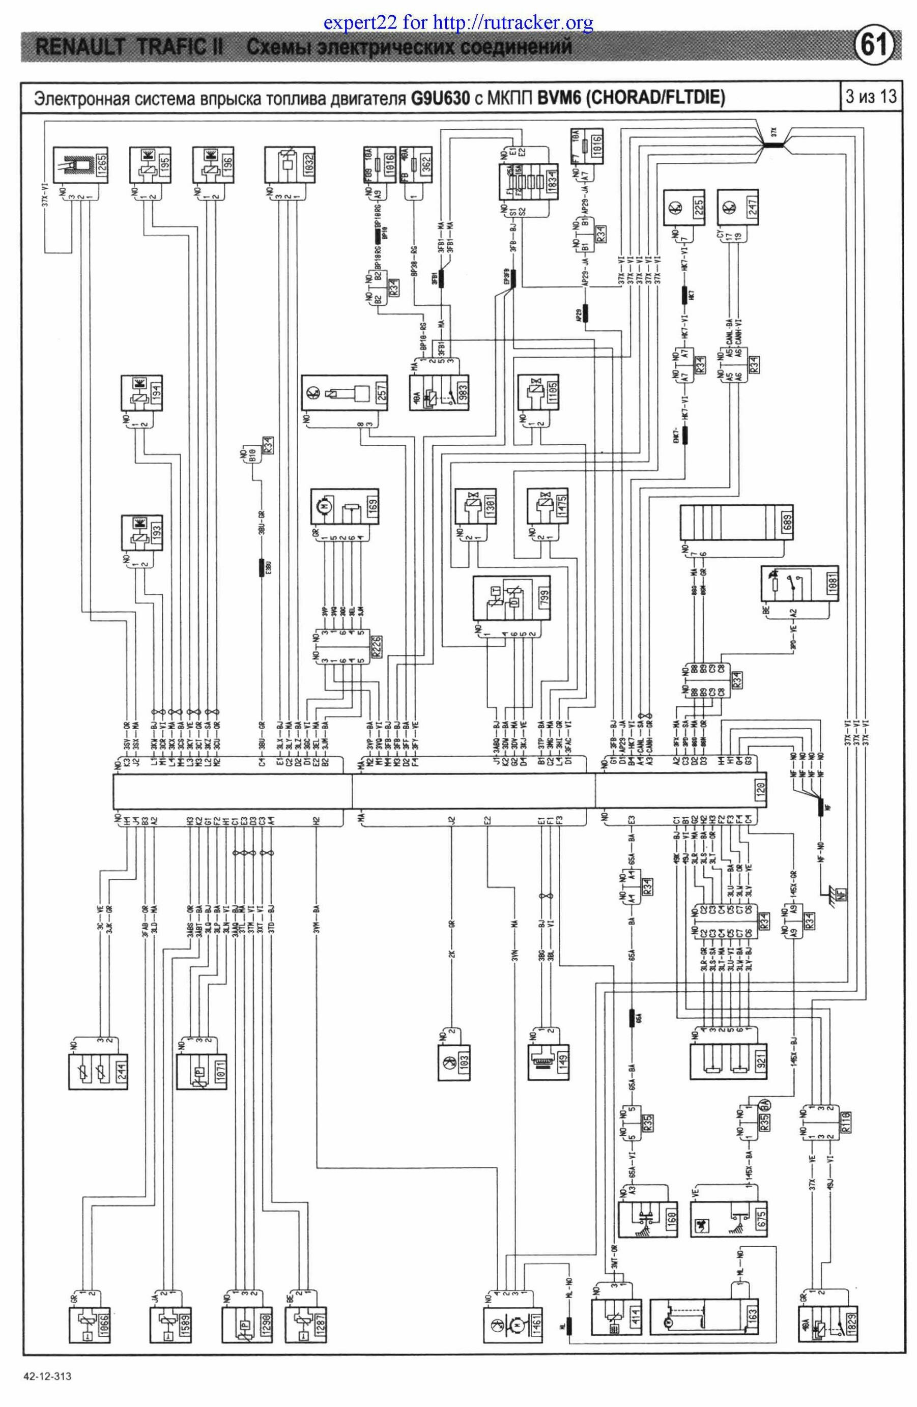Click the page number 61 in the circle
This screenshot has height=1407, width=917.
[874, 45]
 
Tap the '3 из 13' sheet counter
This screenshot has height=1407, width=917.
[870, 96]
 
